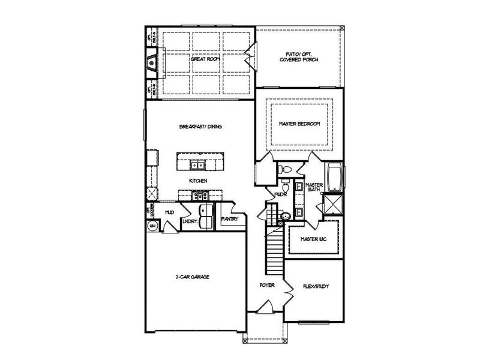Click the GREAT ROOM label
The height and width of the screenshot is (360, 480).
[x=203, y=59]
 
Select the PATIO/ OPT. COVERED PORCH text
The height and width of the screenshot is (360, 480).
[x=298, y=58]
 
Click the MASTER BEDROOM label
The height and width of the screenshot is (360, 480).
[x=299, y=124]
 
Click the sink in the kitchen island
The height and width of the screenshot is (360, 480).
[x=197, y=165]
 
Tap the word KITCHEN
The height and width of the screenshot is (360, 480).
[x=198, y=180]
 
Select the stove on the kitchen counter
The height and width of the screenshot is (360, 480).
[x=199, y=194]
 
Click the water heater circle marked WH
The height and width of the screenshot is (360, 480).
[x=152, y=226]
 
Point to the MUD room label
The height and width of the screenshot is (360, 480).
[x=170, y=212]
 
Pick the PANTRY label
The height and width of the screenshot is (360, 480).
[x=229, y=219]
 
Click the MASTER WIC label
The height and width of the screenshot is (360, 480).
[x=313, y=239]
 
